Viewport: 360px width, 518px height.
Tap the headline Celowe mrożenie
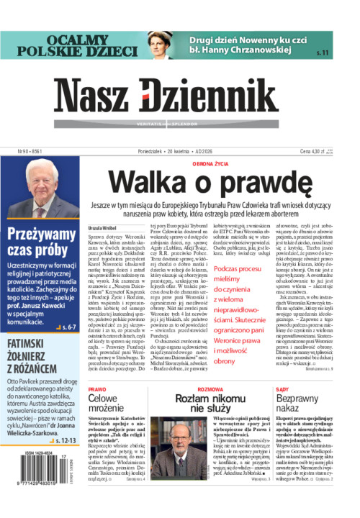(107, 403)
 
